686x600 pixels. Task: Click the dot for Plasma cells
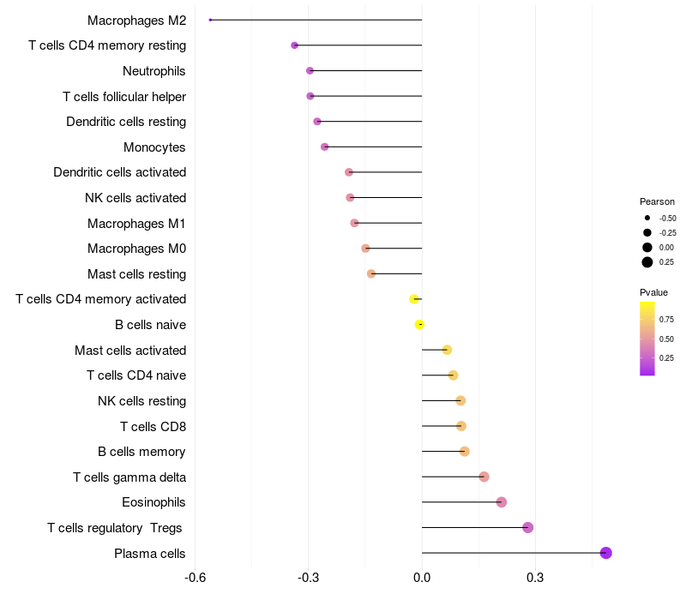pyautogui.click(x=605, y=553)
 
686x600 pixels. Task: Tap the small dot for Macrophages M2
pyautogui.click(x=210, y=20)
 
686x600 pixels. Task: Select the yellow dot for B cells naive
pyautogui.click(x=419, y=324)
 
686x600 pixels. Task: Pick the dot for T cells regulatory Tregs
pyautogui.click(x=527, y=527)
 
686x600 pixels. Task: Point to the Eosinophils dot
pyautogui.click(x=502, y=502)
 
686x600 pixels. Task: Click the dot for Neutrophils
pyautogui.click(x=310, y=70)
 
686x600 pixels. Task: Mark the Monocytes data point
pyautogui.click(x=324, y=147)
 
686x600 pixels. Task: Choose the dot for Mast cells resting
pyautogui.click(x=371, y=273)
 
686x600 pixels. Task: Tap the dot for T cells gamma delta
pyautogui.click(x=484, y=477)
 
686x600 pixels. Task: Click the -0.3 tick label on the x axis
pyautogui.click(x=309, y=578)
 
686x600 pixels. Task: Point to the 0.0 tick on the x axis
pyautogui.click(x=422, y=578)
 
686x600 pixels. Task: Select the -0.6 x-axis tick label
pyautogui.click(x=196, y=578)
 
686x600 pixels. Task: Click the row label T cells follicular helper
pyautogui.click(x=124, y=96)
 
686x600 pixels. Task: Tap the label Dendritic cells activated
pyautogui.click(x=119, y=172)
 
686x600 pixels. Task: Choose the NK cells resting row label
pyautogui.click(x=141, y=400)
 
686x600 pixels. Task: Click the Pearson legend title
pyautogui.click(x=657, y=201)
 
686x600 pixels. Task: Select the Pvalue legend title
pyautogui.click(x=653, y=293)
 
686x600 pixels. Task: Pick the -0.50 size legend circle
pyautogui.click(x=647, y=218)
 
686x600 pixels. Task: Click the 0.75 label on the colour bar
pyautogui.click(x=666, y=319)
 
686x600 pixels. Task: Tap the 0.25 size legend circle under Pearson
pyautogui.click(x=647, y=261)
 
